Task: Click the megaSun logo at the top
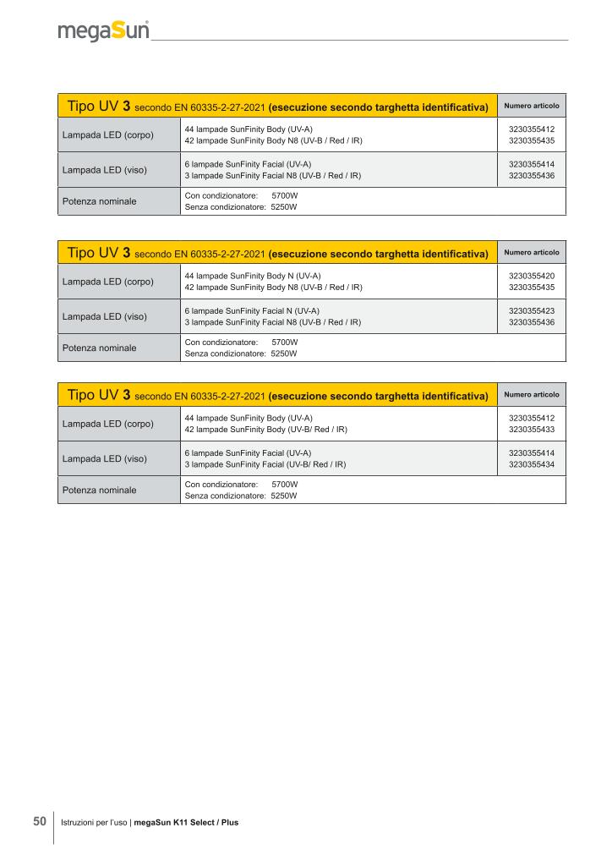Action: pos(103,31)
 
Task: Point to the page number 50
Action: pos(40,821)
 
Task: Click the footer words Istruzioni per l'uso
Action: pos(95,822)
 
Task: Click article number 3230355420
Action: pos(532,276)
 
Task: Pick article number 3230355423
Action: pos(532,311)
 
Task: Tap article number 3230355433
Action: pos(532,430)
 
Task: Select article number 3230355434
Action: pos(532,464)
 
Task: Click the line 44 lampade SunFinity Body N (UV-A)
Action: pos(253,276)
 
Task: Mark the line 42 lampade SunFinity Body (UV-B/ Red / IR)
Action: pos(265,430)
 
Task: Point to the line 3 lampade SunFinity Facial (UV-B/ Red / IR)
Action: pos(265,464)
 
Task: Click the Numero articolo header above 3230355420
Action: pos(532,252)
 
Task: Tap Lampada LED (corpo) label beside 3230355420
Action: pos(108,282)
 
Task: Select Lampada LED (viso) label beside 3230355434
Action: pos(105,458)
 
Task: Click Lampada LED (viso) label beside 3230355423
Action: pos(105,316)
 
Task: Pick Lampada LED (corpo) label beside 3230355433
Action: pos(108,424)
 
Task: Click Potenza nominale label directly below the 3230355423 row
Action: pos(99,348)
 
